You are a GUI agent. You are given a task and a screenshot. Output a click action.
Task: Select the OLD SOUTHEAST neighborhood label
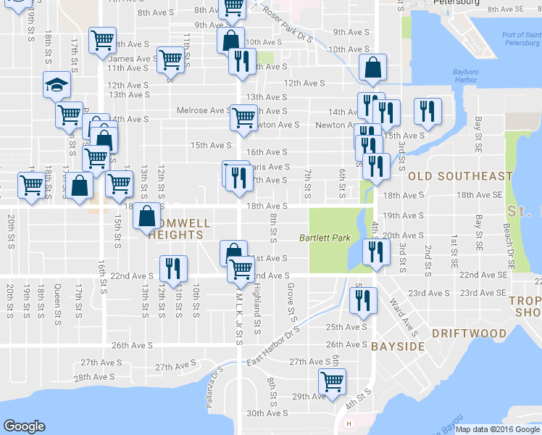click(460, 176)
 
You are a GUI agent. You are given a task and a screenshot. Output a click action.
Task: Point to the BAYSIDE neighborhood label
click(398, 347)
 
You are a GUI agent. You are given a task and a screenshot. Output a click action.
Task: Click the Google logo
click(24, 426)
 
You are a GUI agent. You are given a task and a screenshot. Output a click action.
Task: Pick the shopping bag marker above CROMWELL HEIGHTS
click(147, 215)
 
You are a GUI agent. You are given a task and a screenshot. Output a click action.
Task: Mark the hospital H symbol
click(349, 424)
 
